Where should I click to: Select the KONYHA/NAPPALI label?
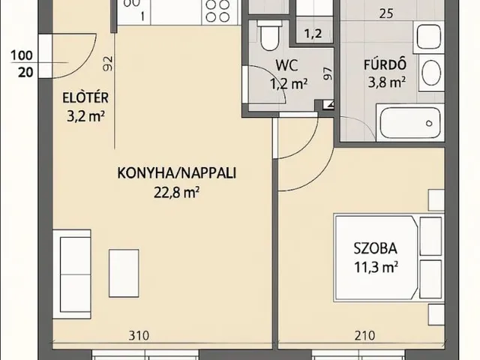(176, 173)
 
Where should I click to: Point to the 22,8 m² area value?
(176, 192)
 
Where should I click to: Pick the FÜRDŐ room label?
(382, 64)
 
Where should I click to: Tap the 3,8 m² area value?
(383, 82)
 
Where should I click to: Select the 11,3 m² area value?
(376, 265)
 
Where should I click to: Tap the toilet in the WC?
(268, 31)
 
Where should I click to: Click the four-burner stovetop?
(217, 10)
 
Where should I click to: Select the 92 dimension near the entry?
(108, 64)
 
